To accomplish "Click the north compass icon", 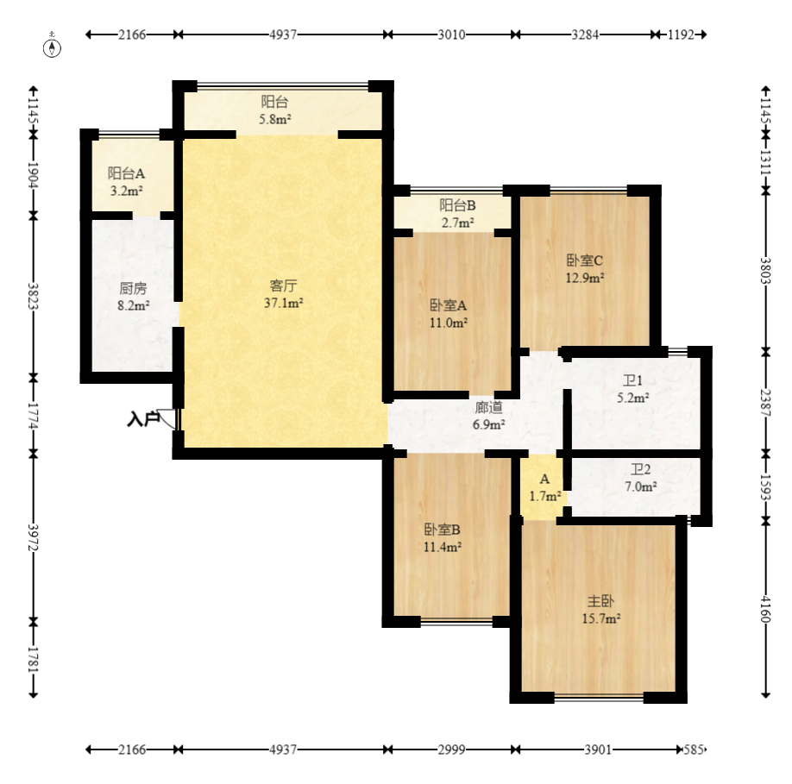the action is pos(52,47).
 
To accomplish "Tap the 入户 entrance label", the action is pos(143,418).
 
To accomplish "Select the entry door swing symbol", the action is pos(167,419).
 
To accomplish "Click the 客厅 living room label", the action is pos(283,285).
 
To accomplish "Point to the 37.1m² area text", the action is pos(283,303).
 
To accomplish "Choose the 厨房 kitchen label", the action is pos(134,288).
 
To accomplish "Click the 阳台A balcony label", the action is pos(126,173).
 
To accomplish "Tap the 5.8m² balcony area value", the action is pos(274,120).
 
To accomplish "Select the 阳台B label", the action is pos(457,205).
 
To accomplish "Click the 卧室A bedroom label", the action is pos(448,305).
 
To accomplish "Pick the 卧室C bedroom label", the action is pos(585,260).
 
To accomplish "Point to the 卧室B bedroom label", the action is pos(443,530).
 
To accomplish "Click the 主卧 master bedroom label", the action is pos(601,601).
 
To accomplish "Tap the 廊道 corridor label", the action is pos(488,407).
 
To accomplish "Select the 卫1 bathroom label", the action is pos(633,380).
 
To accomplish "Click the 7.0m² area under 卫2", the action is pos(641,487).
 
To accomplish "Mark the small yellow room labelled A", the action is pos(544,487).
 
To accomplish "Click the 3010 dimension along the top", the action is pos(451,34).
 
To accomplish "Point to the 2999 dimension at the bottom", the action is pos(451,750).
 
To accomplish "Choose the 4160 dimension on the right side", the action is pos(766,609).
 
